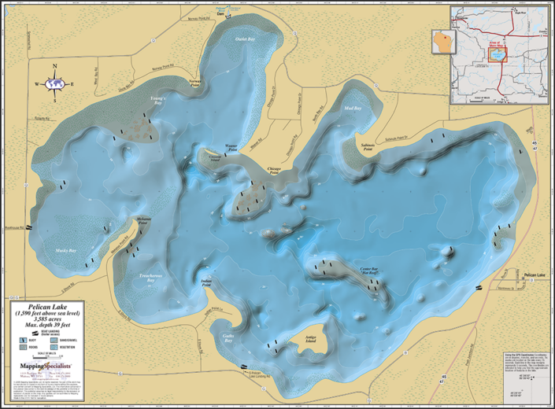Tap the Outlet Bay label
pos(245,39)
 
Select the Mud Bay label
pos(353,108)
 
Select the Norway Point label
pos(196,81)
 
